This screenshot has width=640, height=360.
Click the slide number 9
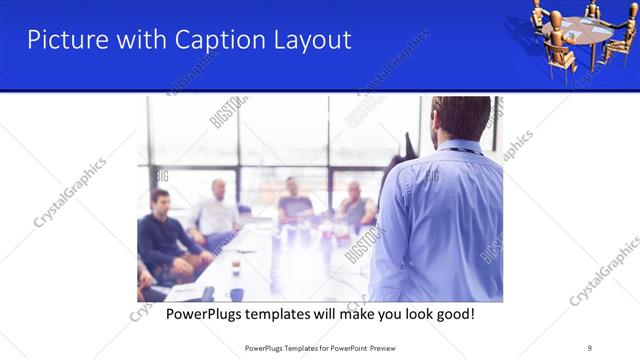point(590,347)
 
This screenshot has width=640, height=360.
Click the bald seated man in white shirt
point(216,210)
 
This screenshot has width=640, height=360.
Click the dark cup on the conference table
point(237,295)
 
